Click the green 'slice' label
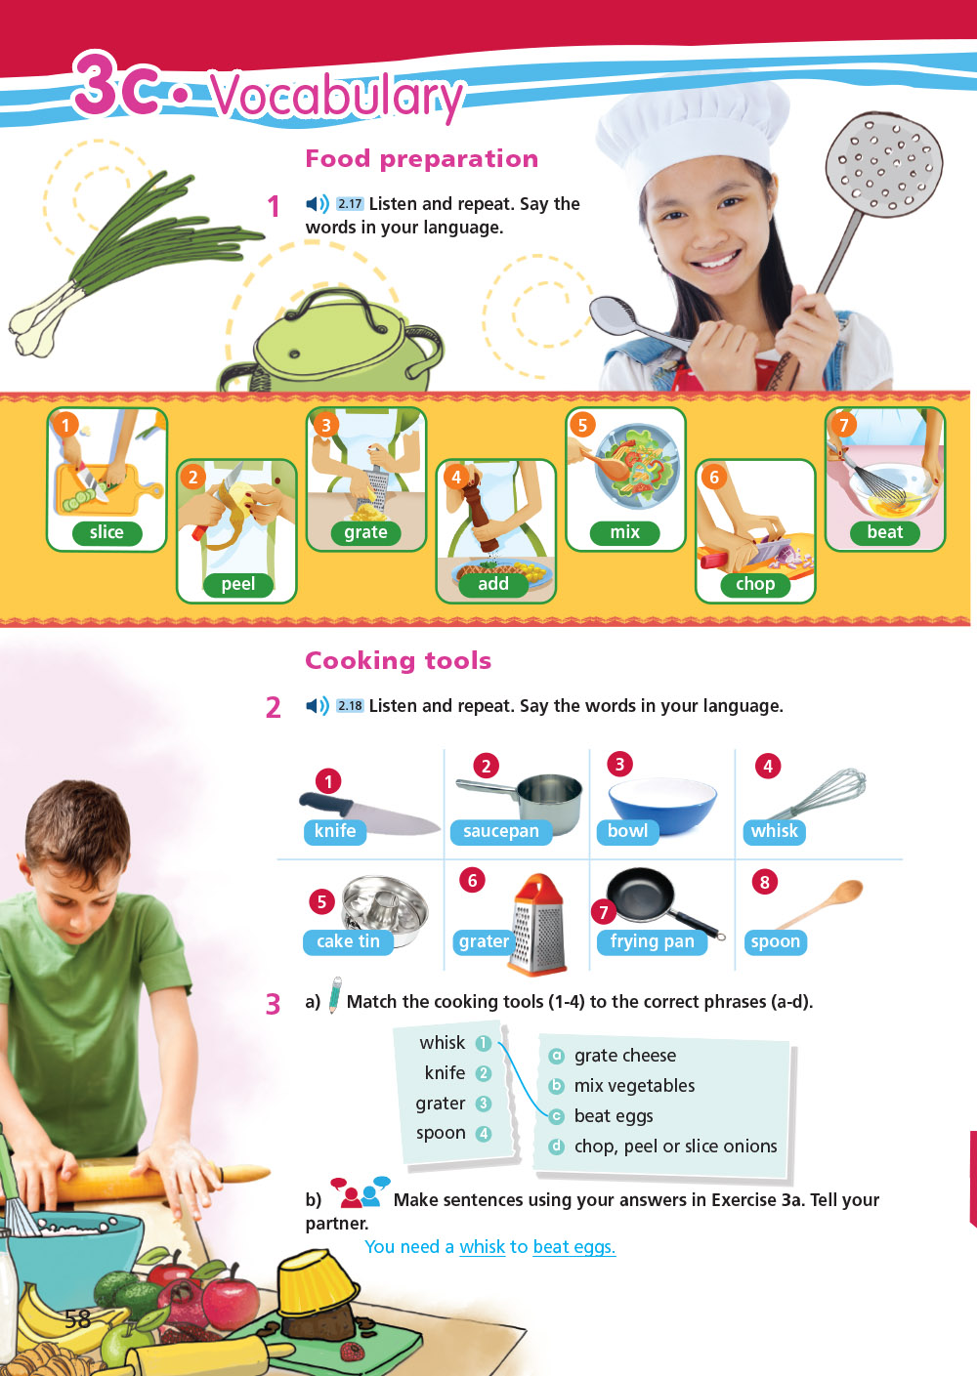106,532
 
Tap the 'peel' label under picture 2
237,584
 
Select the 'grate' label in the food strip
365,532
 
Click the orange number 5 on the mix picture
582,425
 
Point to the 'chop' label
754,584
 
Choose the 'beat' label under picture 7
884,532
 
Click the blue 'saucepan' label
500,831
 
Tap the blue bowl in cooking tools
662,799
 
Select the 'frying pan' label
652,941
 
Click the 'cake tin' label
348,941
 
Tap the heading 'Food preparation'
421,158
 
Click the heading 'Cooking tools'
398,660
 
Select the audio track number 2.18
350,706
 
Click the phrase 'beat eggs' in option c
613,1116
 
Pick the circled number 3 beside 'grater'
483,1104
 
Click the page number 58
77,1319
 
